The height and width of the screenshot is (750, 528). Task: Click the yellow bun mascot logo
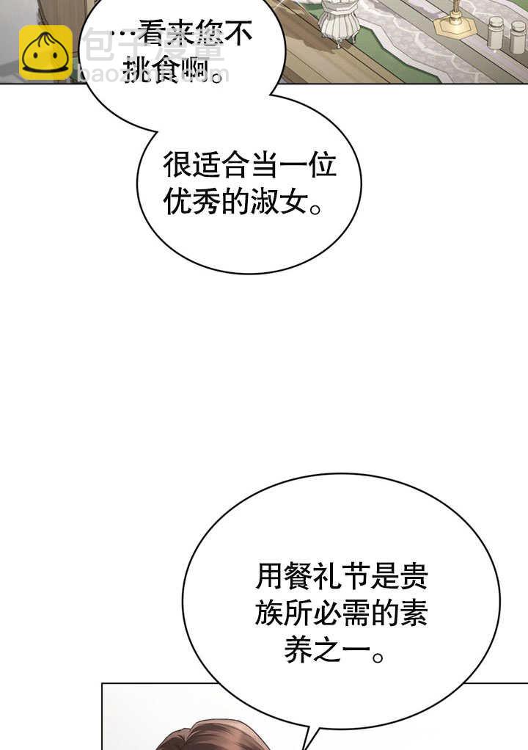pyautogui.click(x=45, y=53)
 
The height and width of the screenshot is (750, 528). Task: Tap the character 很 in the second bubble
pyautogui.click(x=176, y=167)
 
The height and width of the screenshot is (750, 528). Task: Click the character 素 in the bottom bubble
pyautogui.click(x=414, y=614)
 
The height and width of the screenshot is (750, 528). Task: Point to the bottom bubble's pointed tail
pyautogui.click(x=312, y=738)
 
